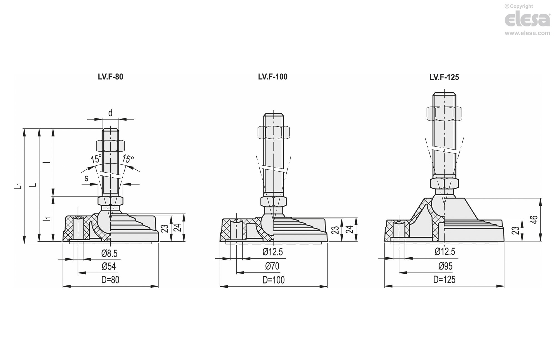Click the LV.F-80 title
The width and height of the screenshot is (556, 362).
(110, 77)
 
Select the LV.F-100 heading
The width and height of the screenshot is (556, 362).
(272, 77)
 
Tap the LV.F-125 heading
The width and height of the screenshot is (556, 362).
(444, 77)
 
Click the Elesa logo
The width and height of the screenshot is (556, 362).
(527, 19)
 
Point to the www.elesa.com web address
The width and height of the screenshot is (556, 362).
(527, 33)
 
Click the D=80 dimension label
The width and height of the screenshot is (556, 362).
(110, 280)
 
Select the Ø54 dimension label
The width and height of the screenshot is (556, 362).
(109, 266)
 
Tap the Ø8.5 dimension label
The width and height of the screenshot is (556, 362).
(109, 253)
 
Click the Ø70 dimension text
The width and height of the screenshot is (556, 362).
(272, 266)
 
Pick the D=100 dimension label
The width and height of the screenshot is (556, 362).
(274, 280)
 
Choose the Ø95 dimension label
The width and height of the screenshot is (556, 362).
(445, 266)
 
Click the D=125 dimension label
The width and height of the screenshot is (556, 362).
(444, 280)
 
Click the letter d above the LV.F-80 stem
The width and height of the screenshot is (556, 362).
(110, 113)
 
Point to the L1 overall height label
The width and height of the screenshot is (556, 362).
(18, 186)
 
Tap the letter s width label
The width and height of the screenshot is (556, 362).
(86, 178)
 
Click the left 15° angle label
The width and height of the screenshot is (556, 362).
(96, 159)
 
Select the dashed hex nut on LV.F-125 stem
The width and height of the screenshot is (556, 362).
(444, 113)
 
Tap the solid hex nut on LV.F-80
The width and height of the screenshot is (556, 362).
(110, 200)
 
